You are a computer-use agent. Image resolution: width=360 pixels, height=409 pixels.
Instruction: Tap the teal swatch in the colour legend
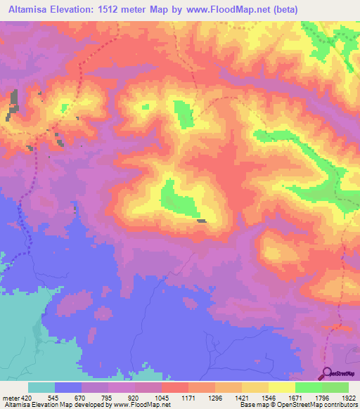41,387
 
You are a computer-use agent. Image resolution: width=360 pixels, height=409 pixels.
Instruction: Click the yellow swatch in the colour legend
281,387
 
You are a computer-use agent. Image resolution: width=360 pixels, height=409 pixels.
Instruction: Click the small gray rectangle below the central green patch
202,221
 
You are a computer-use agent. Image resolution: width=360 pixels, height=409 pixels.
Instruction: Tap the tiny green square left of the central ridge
145,107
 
